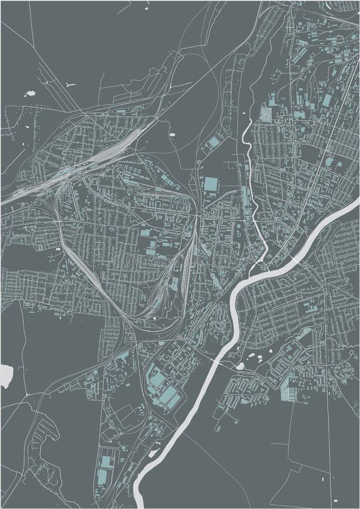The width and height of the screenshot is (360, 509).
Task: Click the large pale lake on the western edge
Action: [6, 376]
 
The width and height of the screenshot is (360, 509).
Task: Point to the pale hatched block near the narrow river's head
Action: [265, 115]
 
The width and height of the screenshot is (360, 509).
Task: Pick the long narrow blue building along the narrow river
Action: [245, 195]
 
